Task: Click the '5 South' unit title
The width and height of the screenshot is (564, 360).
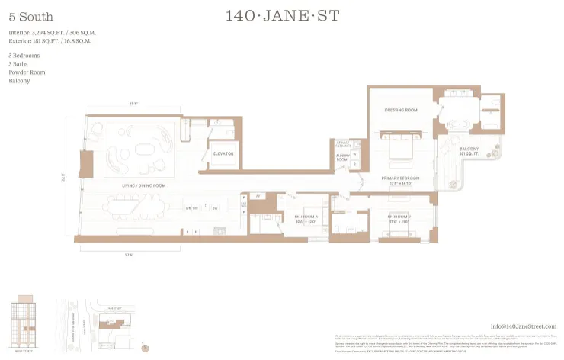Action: pos(25,16)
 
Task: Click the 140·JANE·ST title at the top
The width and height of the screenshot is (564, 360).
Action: pos(281,15)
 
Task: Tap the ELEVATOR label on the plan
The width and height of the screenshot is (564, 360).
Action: pos(223,153)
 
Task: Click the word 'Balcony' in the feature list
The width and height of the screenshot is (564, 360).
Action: pos(20,80)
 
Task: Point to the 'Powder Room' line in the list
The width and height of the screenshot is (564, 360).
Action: pos(27,72)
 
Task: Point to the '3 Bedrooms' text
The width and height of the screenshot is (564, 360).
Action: pos(24,56)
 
